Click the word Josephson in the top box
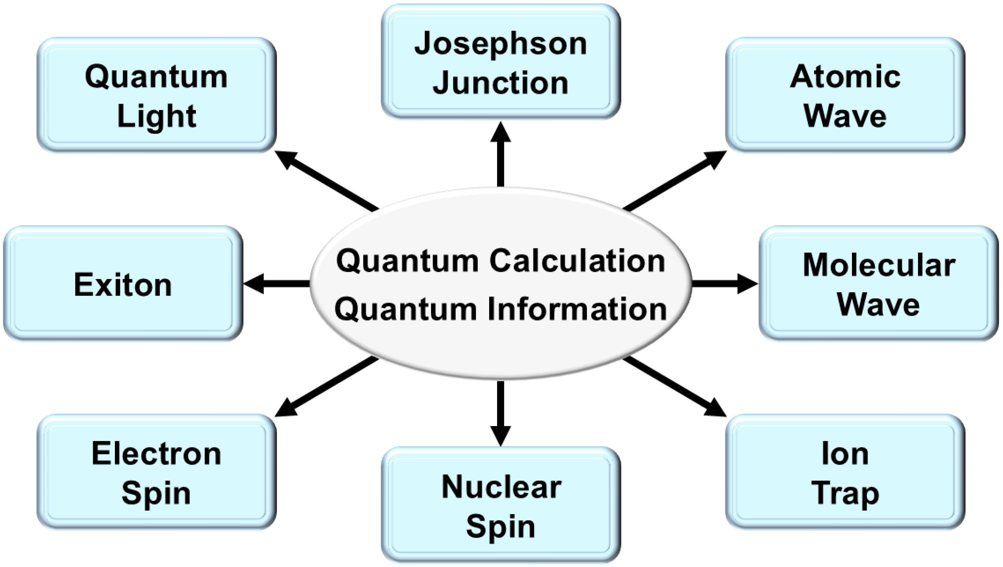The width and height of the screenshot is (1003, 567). point(501,44)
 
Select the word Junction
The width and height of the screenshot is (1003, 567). point(501,83)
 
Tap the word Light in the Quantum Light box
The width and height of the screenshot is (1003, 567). point(157,116)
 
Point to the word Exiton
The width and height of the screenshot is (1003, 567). point(123,285)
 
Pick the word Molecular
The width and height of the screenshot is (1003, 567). point(879,265)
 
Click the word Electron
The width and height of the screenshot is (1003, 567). point(157,454)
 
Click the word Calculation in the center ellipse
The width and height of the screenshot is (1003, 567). point(577,261)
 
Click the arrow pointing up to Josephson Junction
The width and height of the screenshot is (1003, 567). point(501,156)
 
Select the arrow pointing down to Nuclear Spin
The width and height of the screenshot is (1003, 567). point(501,413)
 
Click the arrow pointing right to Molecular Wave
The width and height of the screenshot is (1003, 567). point(724,284)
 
